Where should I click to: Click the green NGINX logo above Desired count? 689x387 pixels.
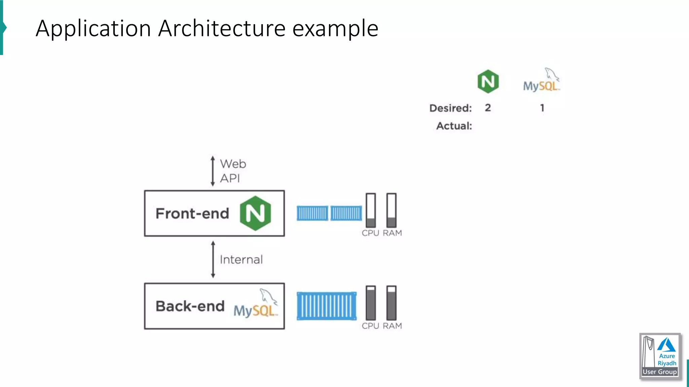[488, 81]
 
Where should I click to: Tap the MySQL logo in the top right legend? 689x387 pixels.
[541, 81]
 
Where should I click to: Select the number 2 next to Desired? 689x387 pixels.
[488, 108]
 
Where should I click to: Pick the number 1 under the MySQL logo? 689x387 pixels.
[542, 108]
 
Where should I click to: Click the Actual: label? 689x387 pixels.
[454, 126]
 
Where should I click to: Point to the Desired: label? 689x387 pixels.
[450, 108]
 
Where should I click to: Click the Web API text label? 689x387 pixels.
[233, 171]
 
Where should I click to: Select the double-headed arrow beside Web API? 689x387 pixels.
[213, 171]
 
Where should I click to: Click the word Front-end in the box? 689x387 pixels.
[192, 214]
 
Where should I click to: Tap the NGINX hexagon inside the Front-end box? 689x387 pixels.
[255, 213]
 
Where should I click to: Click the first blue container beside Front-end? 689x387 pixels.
[312, 213]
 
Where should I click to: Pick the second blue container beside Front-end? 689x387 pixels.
[346, 213]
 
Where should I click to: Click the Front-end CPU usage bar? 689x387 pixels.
[371, 210]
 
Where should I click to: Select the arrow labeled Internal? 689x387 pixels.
[213, 259]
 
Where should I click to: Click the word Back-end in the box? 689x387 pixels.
[190, 306]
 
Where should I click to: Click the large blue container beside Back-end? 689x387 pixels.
[326, 306]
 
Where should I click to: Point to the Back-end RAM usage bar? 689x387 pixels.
[391, 303]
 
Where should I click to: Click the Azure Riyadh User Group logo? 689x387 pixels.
[660, 356]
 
